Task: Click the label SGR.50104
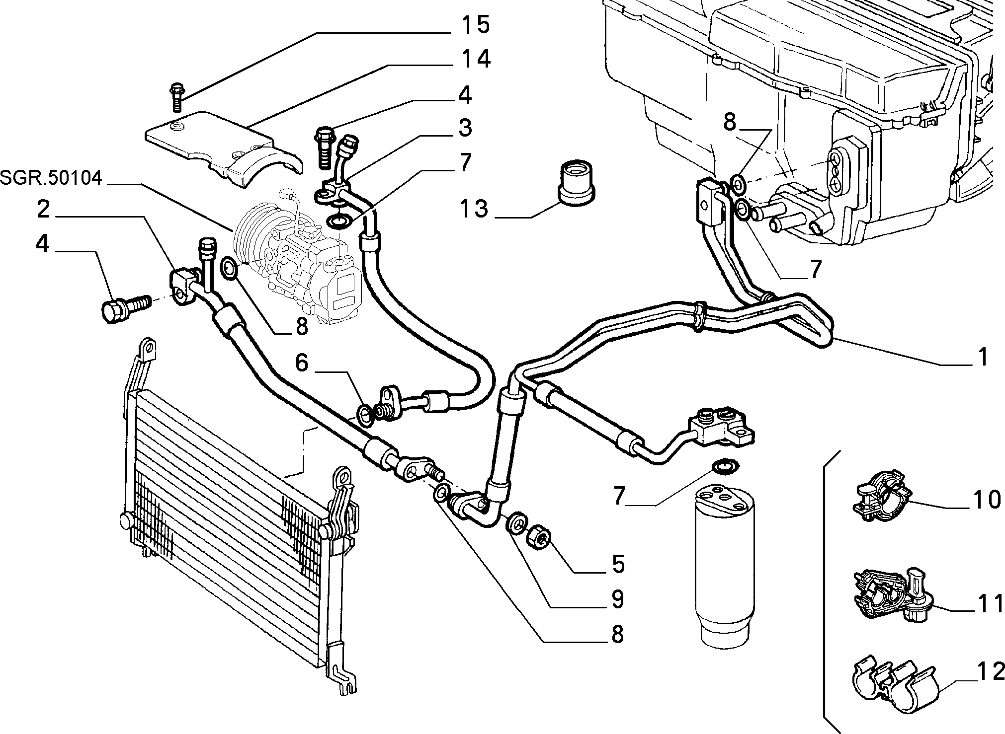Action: coord(51,178)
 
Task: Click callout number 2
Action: coord(43,210)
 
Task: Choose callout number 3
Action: coord(465,128)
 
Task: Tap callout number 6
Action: coord(302,363)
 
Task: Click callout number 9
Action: coord(617,599)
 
